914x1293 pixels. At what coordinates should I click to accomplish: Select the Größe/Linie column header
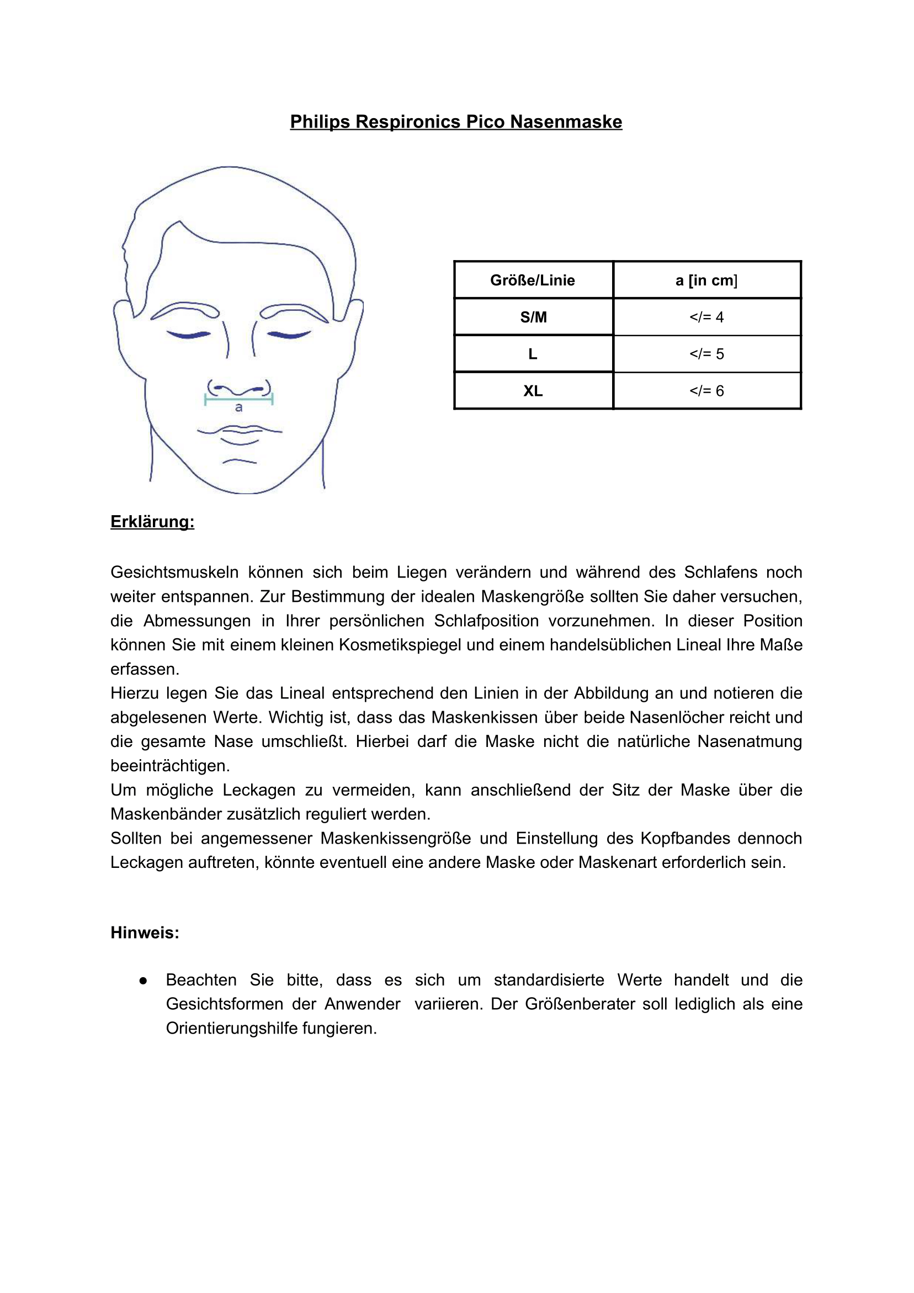(533, 280)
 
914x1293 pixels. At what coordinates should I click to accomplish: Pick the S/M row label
(533, 317)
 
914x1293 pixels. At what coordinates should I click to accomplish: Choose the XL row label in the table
(533, 391)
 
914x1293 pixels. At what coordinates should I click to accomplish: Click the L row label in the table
(533, 354)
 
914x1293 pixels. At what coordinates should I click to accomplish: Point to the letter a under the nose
(239, 407)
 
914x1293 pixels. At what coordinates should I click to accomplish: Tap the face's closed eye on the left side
(189, 335)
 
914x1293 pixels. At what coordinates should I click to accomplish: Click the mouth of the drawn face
(240, 432)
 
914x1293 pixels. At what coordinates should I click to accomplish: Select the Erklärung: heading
(152, 522)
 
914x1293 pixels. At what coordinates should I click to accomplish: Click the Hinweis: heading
(145, 932)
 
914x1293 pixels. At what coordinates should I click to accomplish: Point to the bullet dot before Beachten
(143, 981)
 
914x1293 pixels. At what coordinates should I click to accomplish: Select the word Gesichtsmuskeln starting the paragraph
(174, 572)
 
